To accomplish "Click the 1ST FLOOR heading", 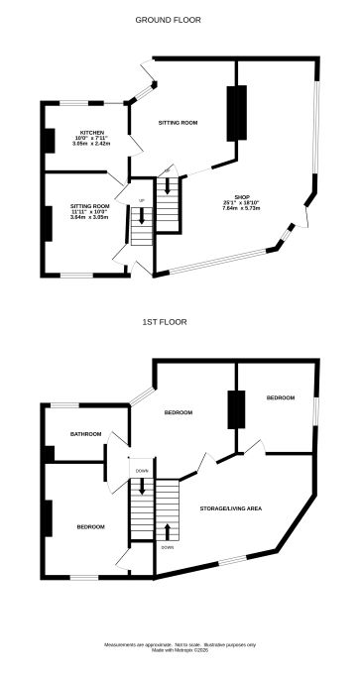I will (165, 322).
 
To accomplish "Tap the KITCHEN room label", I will (91, 133).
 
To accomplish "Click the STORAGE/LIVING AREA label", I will (231, 507).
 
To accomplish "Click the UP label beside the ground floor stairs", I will (142, 200).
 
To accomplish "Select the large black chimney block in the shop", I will (237, 113).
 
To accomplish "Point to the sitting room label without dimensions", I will (179, 123).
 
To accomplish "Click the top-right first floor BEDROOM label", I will (280, 397).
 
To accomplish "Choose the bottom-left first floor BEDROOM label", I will (91, 526).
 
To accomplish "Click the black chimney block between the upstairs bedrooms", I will (236, 408).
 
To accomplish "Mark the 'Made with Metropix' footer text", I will (180, 650).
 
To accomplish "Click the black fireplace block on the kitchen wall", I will (48, 140).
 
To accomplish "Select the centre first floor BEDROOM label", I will (178, 411).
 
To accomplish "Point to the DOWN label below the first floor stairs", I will (168, 547).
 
